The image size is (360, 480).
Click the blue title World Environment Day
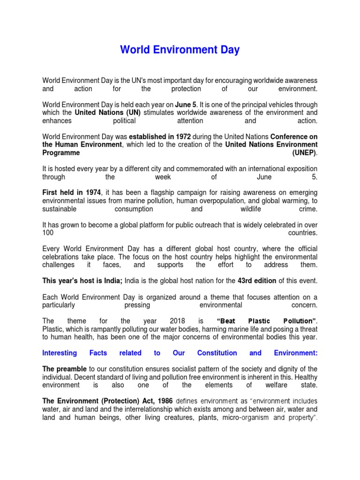(x=180, y=50)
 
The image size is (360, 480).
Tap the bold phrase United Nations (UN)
(x=97, y=112)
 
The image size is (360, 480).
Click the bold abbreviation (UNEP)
(x=305, y=153)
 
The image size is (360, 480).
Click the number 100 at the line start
(x=48, y=233)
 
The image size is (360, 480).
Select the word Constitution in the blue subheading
(x=217, y=353)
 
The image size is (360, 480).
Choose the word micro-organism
(x=247, y=417)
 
